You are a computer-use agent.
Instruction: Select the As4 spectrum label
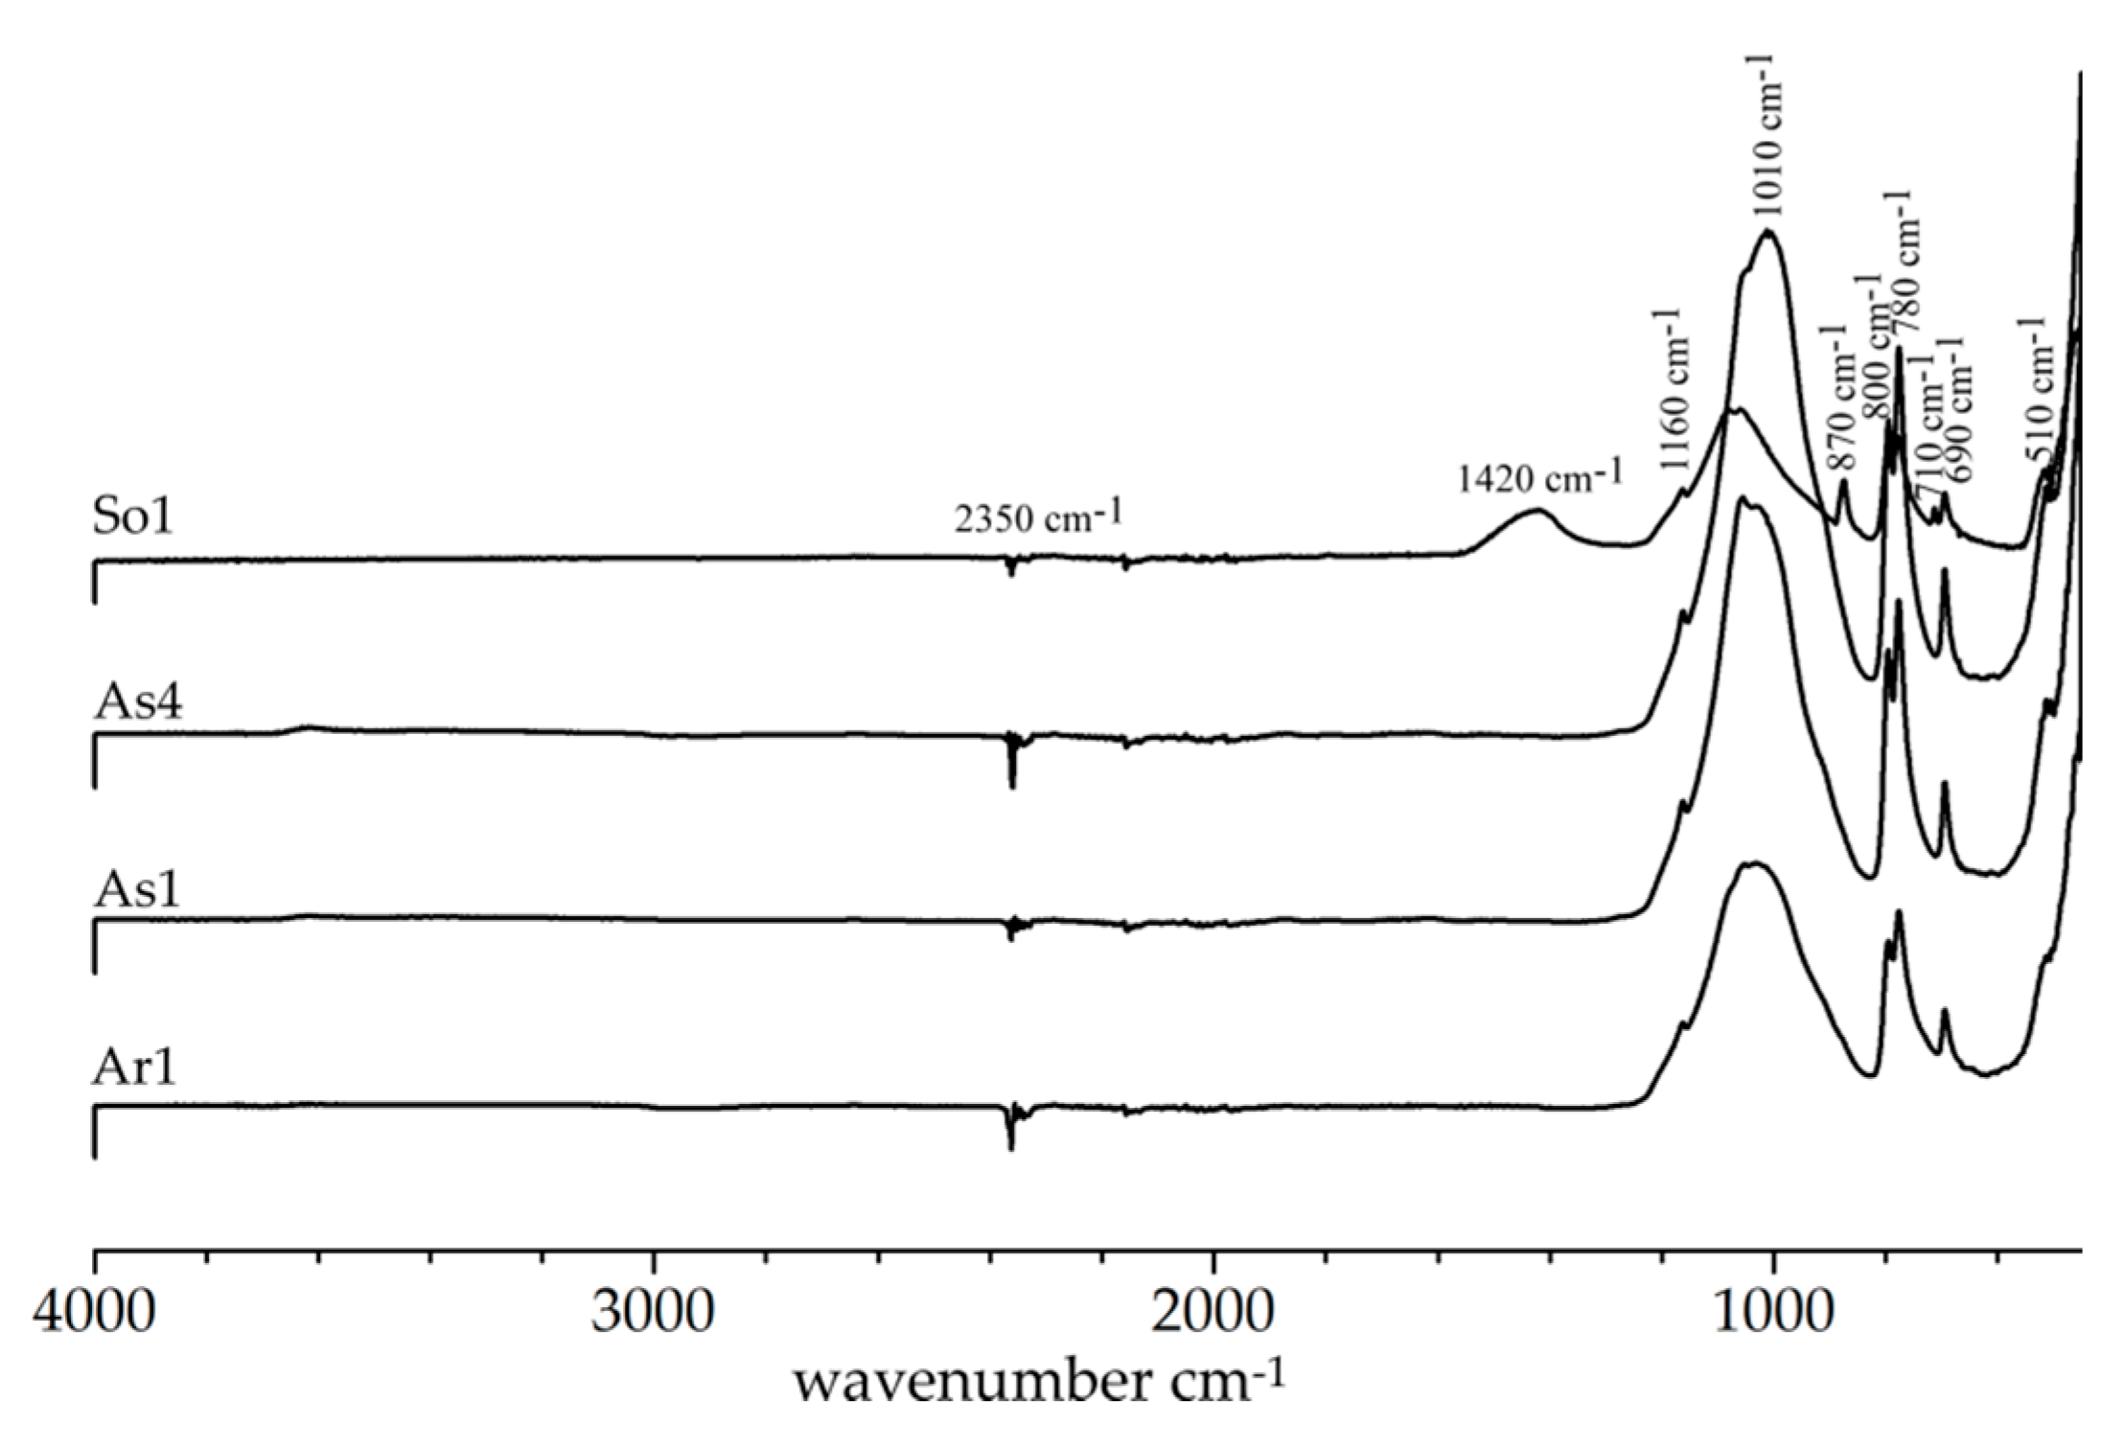pyautogui.click(x=138, y=702)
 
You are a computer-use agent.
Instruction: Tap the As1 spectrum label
pyautogui.click(x=136, y=889)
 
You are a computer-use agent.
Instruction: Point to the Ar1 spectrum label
pyautogui.click(x=134, y=1068)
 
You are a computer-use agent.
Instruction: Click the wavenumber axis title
pyautogui.click(x=1036, y=1384)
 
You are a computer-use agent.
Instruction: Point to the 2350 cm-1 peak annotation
pyautogui.click(x=1038, y=517)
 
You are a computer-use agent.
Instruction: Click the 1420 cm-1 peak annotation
pyautogui.click(x=1540, y=475)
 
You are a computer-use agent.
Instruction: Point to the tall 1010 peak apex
pyautogui.click(x=1768, y=232)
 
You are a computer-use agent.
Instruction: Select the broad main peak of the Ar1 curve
pyautogui.click(x=1753, y=864)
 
